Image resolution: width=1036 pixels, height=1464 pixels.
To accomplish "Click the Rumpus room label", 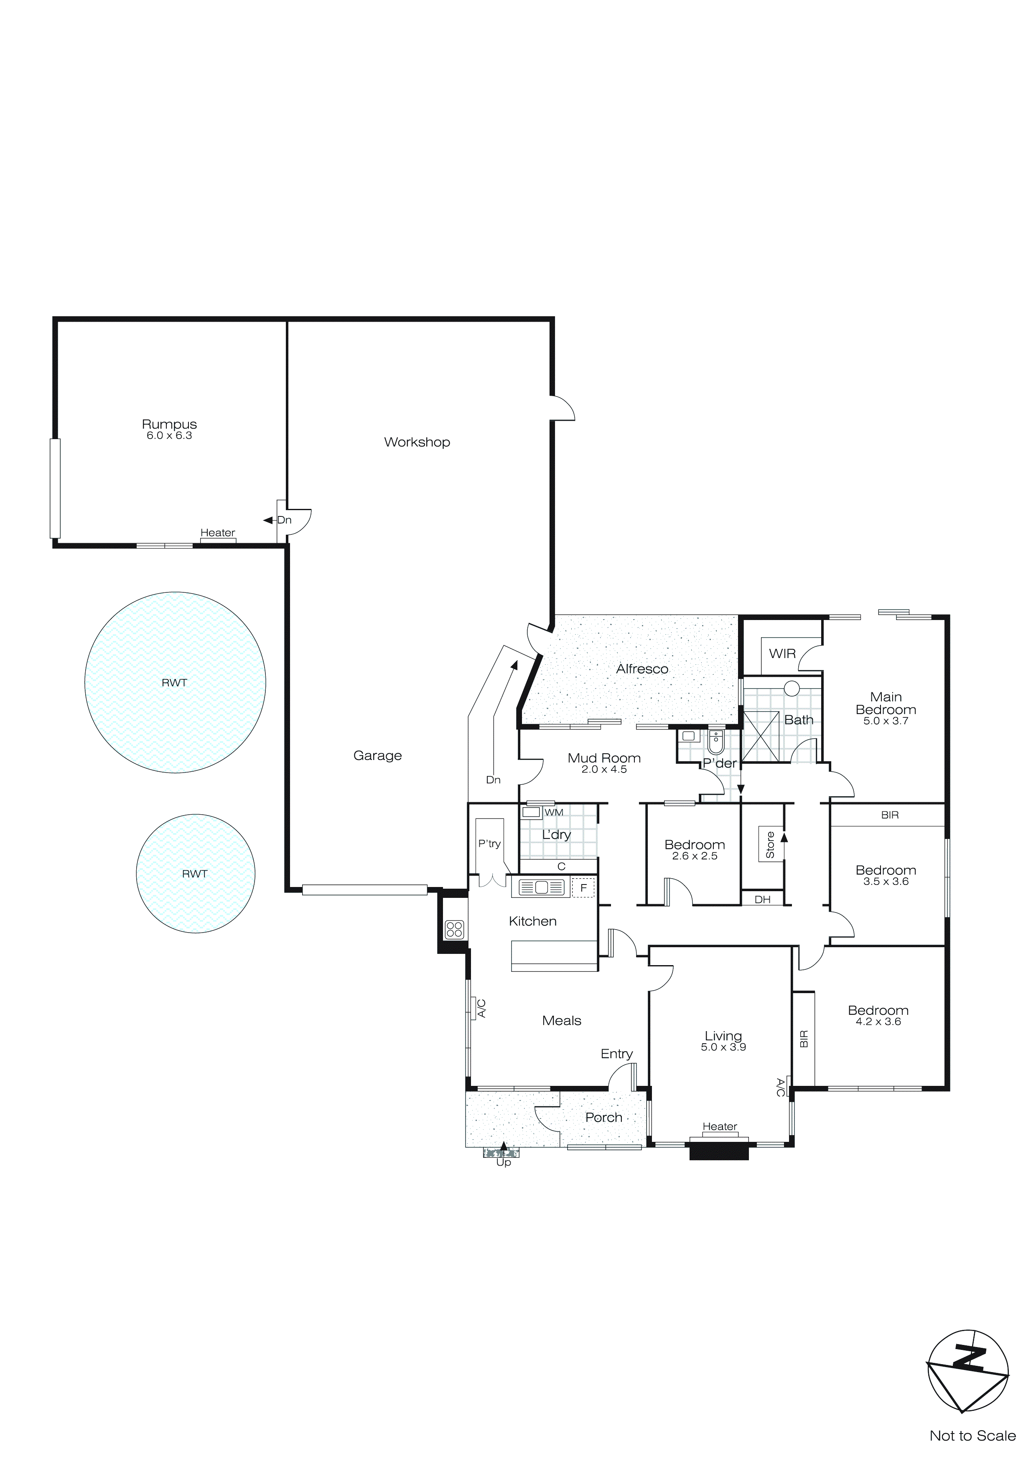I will tap(169, 424).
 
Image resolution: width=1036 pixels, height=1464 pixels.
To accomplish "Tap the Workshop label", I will tap(417, 442).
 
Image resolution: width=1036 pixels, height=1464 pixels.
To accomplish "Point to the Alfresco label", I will tap(642, 669).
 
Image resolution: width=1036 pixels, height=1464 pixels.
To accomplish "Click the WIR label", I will tap(782, 653).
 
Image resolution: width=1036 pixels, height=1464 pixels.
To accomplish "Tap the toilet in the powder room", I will tap(716, 742).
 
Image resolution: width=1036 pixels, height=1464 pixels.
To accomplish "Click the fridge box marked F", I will tap(583, 887).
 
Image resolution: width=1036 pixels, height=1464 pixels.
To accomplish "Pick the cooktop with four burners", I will tap(454, 929).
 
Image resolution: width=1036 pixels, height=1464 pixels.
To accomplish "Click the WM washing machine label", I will tap(554, 812).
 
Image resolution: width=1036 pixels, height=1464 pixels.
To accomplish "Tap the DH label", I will tap(762, 899).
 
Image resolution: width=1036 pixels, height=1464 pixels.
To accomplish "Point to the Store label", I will tap(770, 845).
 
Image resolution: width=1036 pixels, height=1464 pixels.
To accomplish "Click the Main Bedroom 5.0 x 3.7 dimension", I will tap(886, 721).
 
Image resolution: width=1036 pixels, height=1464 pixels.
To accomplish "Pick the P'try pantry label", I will tap(489, 844).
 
